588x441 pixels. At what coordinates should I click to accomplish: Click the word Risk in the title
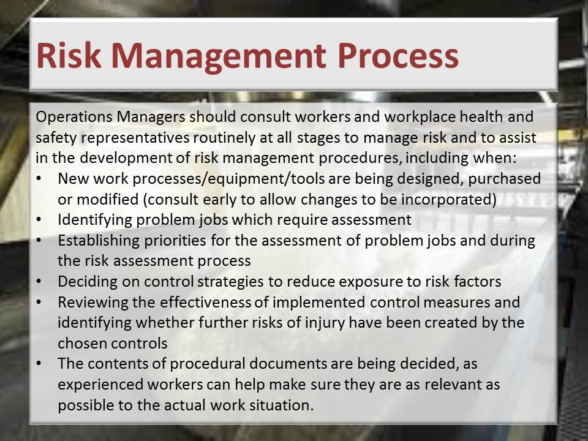click(x=69, y=56)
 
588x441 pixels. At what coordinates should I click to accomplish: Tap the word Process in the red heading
click(x=398, y=56)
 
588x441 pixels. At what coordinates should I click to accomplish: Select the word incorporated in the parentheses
click(x=448, y=199)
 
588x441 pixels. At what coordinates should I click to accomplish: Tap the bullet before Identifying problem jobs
click(x=39, y=220)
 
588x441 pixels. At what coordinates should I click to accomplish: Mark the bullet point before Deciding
click(x=39, y=282)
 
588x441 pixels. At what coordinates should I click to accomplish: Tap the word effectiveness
click(x=205, y=302)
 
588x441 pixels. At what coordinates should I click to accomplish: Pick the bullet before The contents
click(x=39, y=364)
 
